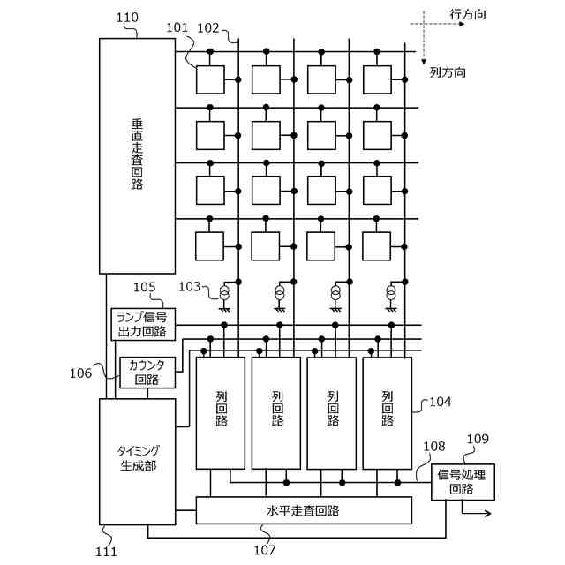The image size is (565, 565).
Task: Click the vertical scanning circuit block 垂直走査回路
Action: tap(137, 155)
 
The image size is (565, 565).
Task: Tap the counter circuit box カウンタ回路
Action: tap(147, 373)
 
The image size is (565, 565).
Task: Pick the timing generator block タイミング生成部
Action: tap(137, 461)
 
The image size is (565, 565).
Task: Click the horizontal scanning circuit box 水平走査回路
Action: tap(303, 510)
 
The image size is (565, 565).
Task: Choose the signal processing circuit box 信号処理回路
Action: tap(463, 482)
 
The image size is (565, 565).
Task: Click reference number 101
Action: tap(177, 27)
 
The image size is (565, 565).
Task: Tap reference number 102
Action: tap(209, 27)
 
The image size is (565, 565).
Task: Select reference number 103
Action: tap(190, 286)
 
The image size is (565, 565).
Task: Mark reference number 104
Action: tap(440, 402)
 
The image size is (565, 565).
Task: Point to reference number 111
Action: tap(106, 551)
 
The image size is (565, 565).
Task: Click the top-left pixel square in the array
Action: tap(210, 80)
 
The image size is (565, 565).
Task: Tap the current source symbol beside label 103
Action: tap(224, 292)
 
